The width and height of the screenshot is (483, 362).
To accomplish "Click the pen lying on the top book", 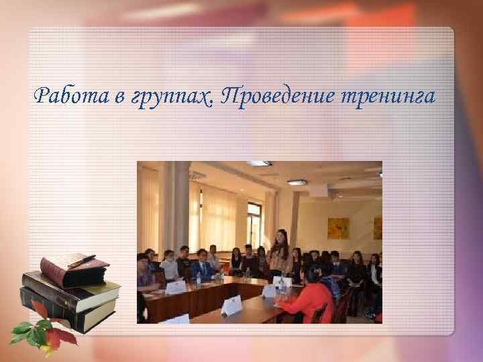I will pyautogui.click(x=81, y=260).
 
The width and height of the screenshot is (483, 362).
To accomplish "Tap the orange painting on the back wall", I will pyautogui.click(x=337, y=228).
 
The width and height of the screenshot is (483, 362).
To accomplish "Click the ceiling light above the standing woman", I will pyautogui.click(x=297, y=182).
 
